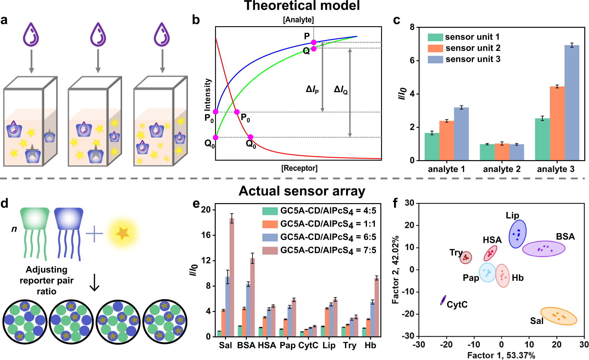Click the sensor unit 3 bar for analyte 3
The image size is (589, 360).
coord(572,103)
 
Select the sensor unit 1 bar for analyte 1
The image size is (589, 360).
coord(432,147)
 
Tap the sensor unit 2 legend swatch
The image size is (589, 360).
coord(435,48)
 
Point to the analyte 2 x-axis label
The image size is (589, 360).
coord(502,169)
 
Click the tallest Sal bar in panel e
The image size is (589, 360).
coord(232,277)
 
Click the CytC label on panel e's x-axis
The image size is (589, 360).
coord(308,345)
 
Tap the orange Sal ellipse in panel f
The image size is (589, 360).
coord(558,316)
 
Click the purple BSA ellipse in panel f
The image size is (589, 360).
coord(544,249)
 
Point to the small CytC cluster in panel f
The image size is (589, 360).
coord(443,300)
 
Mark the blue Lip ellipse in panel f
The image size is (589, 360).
coord(517,234)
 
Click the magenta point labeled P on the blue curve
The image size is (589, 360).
coord(314,42)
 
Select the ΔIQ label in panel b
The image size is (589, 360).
coord(341,89)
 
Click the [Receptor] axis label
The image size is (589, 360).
coord(299,168)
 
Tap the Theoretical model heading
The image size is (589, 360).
coord(302,6)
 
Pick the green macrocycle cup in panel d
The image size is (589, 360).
coord(35,218)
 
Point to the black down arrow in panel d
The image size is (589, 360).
coord(94,282)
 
